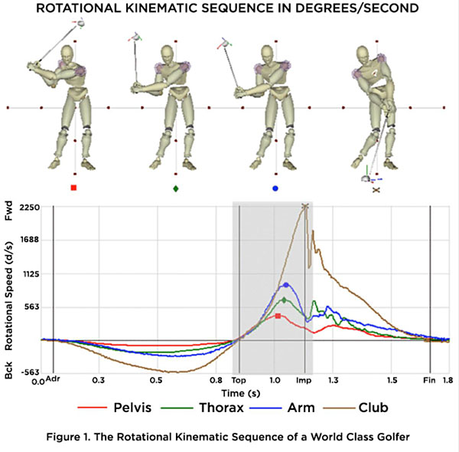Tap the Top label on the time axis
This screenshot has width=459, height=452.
click(x=239, y=379)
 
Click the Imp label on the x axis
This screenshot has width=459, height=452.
click(x=304, y=379)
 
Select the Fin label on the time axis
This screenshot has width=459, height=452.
click(x=430, y=379)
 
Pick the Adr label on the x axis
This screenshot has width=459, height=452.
click(x=53, y=379)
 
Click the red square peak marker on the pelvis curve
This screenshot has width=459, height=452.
click(x=278, y=316)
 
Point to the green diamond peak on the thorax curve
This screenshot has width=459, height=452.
click(x=285, y=300)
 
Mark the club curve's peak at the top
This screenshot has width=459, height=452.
click(x=304, y=206)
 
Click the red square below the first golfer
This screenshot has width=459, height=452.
click(x=73, y=188)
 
